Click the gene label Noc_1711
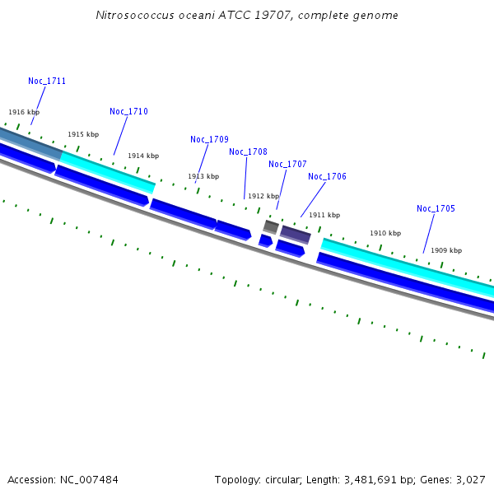click(47, 81)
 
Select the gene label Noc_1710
click(128, 111)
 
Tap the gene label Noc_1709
click(209, 139)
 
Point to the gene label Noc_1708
click(248, 151)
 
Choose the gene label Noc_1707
click(287, 164)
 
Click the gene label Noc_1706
click(327, 176)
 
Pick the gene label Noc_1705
click(436, 208)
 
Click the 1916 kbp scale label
click(24, 112)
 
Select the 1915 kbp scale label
click(83, 134)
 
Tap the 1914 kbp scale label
click(143, 156)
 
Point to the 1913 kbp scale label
click(203, 176)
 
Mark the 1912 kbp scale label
click(263, 196)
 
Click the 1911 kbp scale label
click(324, 215)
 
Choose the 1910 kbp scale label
click(385, 233)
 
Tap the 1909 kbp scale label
click(446, 250)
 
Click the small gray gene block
click(271, 226)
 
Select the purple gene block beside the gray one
click(295, 235)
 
